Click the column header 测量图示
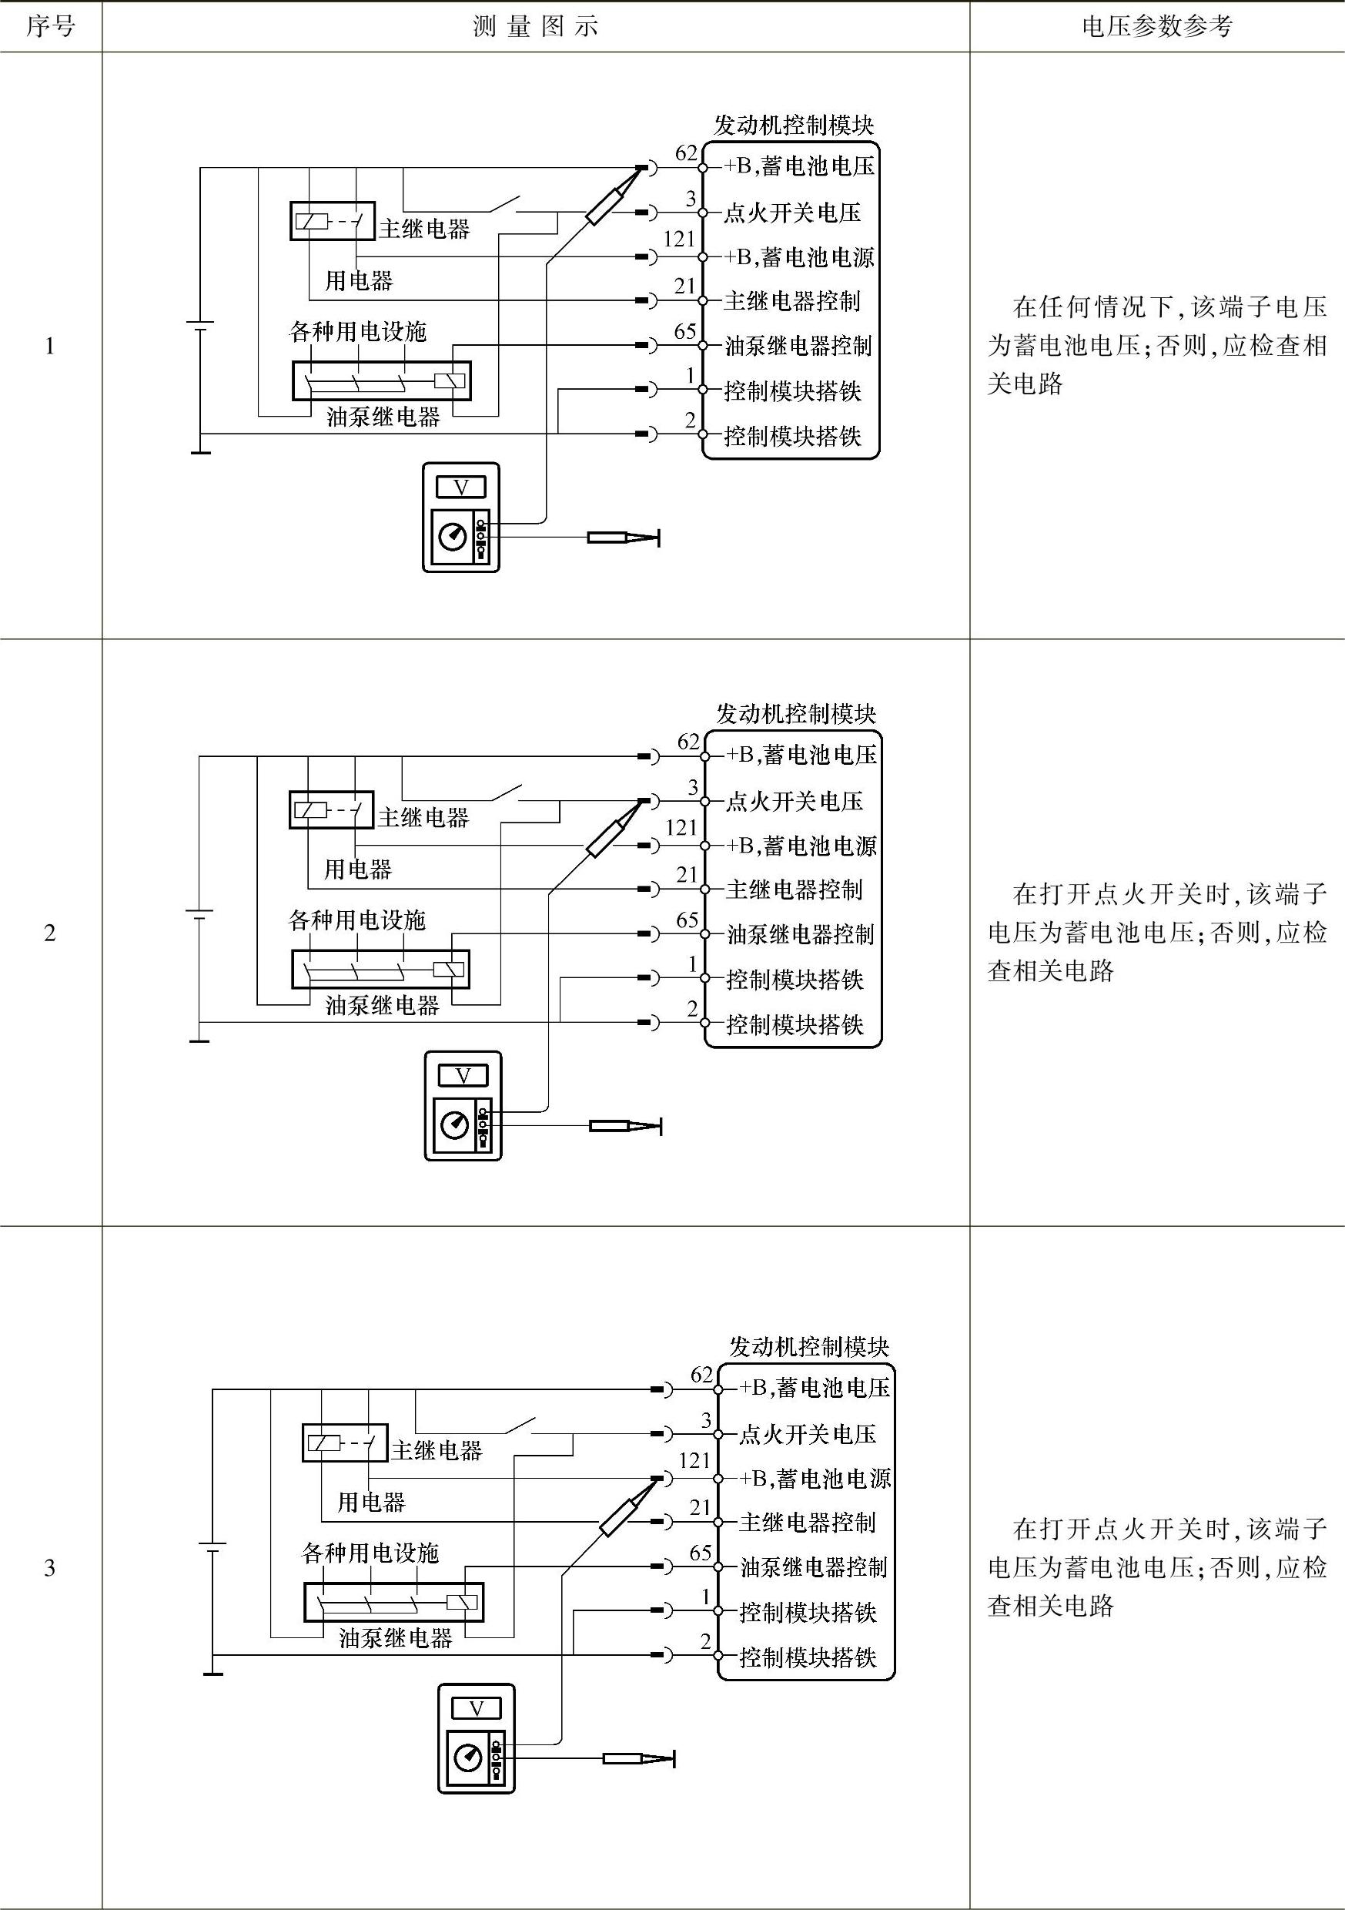(536, 27)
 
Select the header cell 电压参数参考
(1156, 27)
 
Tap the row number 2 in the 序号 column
(50, 933)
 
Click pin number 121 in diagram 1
(679, 240)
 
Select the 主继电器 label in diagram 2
(423, 818)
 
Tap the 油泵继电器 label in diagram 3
(395, 1638)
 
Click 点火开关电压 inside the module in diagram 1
(792, 213)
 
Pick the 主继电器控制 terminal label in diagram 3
(807, 1523)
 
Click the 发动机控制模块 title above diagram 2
(796, 714)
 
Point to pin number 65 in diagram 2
(687, 920)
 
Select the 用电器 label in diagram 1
(359, 280)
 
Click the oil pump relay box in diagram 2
(380, 970)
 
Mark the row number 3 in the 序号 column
(50, 1567)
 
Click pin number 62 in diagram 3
(702, 1375)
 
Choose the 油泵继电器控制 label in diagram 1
(798, 346)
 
